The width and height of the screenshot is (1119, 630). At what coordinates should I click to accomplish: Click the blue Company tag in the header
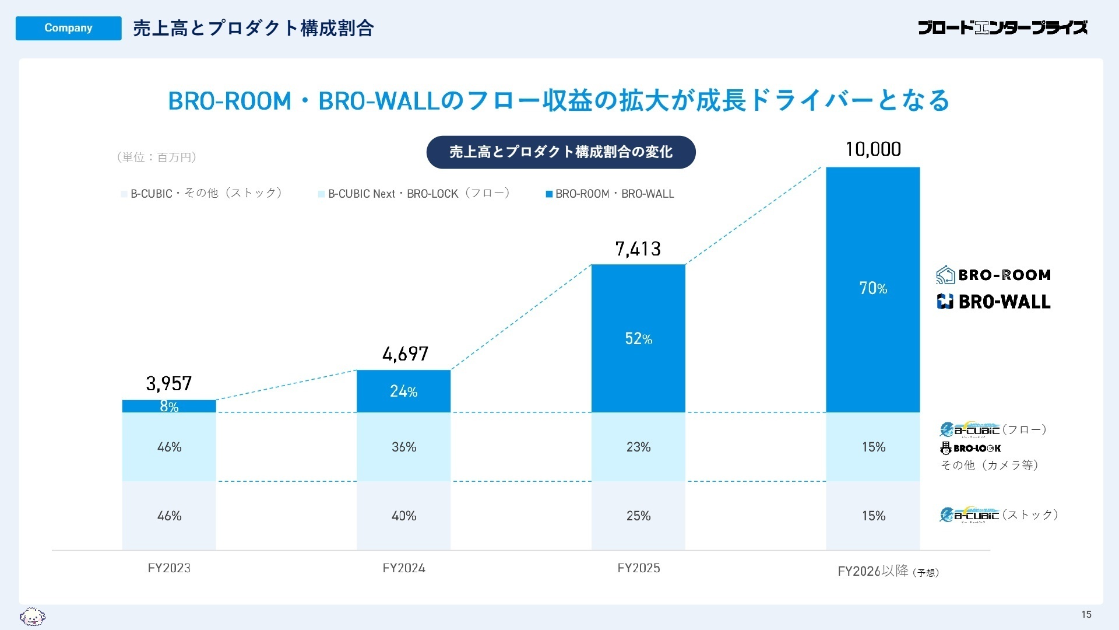click(x=68, y=28)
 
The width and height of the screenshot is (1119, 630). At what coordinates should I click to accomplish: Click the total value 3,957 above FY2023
click(x=168, y=383)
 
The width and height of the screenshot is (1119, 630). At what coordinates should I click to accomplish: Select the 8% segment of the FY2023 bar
click(x=169, y=406)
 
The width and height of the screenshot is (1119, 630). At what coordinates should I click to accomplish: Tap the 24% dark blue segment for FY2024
click(x=403, y=391)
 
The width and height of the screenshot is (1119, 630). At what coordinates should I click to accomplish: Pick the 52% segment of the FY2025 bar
click(x=638, y=338)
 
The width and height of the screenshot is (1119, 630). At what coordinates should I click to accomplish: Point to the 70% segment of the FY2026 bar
click(x=872, y=288)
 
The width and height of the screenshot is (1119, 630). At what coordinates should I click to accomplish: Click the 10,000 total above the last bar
click(x=872, y=149)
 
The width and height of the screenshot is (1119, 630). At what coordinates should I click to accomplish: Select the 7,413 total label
click(x=638, y=249)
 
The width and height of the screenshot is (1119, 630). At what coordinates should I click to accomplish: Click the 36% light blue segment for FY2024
click(x=403, y=447)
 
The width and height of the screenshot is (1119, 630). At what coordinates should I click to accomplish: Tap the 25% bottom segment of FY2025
click(x=638, y=516)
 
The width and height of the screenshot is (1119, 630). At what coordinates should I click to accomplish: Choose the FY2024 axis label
click(x=403, y=568)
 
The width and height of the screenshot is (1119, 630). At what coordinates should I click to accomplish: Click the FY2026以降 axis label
click(x=872, y=571)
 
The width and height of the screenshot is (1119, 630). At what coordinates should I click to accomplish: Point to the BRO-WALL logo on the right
click(x=994, y=302)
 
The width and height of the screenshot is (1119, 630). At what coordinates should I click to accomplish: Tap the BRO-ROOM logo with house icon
click(x=994, y=275)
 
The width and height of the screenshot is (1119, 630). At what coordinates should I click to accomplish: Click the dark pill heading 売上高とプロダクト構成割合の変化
click(x=561, y=152)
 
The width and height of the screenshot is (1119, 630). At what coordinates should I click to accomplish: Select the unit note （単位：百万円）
click(x=157, y=157)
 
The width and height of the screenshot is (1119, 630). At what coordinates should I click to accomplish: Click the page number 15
click(x=1086, y=614)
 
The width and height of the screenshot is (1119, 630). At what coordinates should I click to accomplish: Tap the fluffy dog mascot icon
click(x=33, y=616)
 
